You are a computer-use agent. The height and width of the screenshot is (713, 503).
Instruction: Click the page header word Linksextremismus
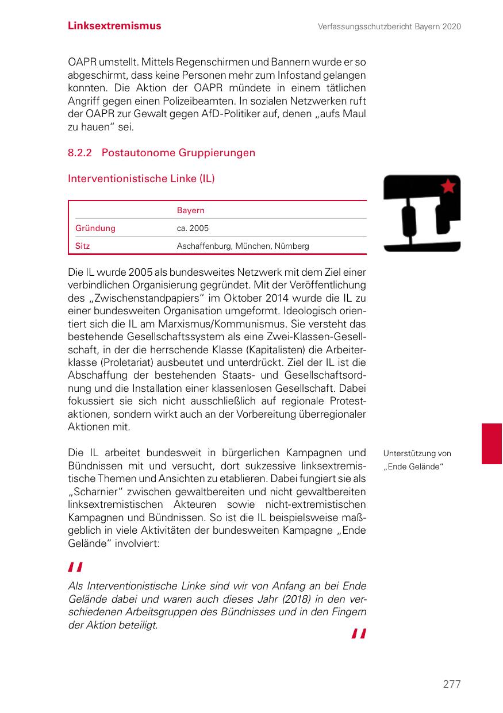(114, 26)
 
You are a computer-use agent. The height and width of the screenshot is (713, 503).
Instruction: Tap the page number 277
(452, 684)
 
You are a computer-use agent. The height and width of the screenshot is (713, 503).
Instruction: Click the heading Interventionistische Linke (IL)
(141, 179)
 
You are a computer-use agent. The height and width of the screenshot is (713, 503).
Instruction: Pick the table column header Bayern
(190, 210)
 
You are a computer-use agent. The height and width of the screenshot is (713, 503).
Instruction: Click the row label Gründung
(95, 228)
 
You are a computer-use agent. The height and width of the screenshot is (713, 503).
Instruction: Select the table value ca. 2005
(193, 228)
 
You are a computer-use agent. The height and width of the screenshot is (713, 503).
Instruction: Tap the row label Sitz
(82, 246)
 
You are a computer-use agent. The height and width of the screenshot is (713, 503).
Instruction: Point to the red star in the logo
(448, 186)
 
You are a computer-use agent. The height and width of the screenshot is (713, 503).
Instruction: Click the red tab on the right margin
(492, 444)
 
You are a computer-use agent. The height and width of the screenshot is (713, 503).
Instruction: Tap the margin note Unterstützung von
(417, 454)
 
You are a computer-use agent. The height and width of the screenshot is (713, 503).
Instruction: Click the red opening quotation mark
(75, 568)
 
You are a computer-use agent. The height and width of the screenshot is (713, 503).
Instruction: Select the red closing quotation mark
(358, 634)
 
